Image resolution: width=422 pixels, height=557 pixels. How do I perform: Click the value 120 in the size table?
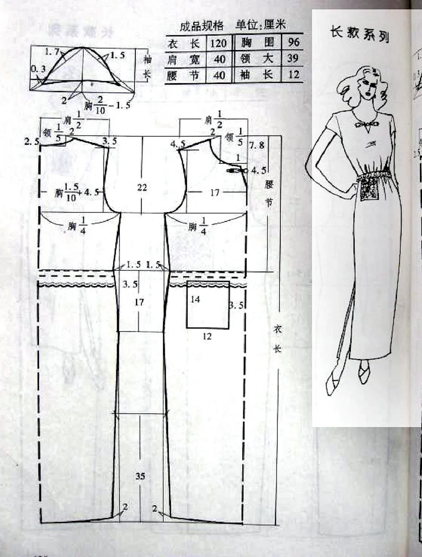tap(218, 43)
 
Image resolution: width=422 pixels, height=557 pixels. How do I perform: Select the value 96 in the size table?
tap(293, 42)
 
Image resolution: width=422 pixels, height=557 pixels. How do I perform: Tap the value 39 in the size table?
tap(293, 58)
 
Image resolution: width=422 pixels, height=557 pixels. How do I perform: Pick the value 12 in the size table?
tap(293, 74)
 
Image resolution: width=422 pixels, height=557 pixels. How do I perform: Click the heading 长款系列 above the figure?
tap(360, 33)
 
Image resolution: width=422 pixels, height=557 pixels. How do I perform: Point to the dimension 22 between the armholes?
tap(142, 187)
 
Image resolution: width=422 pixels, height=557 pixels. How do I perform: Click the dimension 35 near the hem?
tap(140, 476)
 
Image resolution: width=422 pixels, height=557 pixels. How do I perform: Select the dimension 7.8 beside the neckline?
tap(257, 146)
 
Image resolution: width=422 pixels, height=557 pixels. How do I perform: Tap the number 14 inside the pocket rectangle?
tap(195, 299)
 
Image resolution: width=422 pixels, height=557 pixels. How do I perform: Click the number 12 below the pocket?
tap(207, 337)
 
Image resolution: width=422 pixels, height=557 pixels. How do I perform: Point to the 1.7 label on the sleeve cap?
tap(52, 52)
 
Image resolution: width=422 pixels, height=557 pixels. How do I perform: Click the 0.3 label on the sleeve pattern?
tap(38, 69)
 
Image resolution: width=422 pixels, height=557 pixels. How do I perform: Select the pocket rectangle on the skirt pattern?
tap(208, 305)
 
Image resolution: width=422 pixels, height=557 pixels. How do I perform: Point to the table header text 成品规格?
tap(201, 26)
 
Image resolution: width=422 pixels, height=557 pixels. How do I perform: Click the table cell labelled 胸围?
tap(257, 42)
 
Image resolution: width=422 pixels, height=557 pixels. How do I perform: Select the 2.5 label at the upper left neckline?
tap(31, 142)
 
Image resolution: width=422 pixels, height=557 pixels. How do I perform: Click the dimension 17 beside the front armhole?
tap(214, 192)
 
